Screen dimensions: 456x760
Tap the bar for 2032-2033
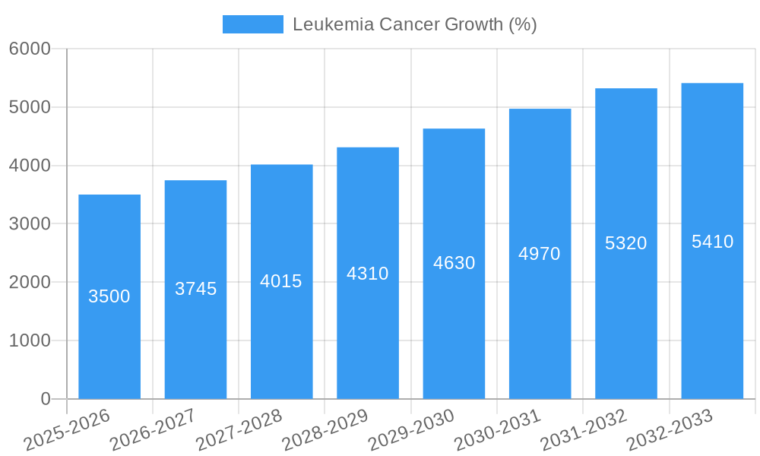[x=712, y=319]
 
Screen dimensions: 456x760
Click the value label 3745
[x=196, y=289]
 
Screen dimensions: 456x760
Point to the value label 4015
[x=281, y=281]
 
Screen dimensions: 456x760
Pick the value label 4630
[x=454, y=263]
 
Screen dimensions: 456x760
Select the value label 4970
[x=540, y=254]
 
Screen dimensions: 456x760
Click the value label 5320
[x=626, y=243]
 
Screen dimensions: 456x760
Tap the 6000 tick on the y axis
[x=30, y=49]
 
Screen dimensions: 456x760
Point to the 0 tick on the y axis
[x=45, y=399]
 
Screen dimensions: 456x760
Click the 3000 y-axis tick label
[x=30, y=224]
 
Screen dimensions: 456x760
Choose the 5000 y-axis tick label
[x=30, y=107]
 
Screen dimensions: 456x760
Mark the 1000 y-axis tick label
[x=30, y=340]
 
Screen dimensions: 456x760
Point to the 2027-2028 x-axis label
[x=239, y=430]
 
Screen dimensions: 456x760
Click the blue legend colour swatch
[x=252, y=24]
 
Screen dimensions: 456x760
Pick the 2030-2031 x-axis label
[x=498, y=430]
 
